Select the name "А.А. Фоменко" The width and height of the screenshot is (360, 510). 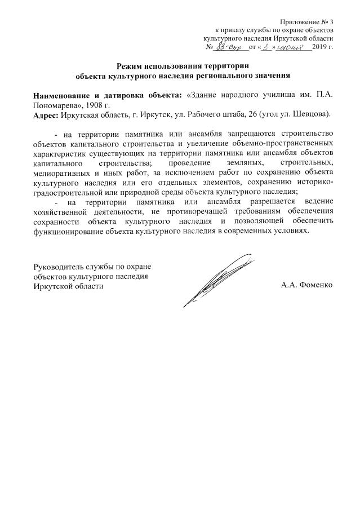pyautogui.click(x=307, y=285)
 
